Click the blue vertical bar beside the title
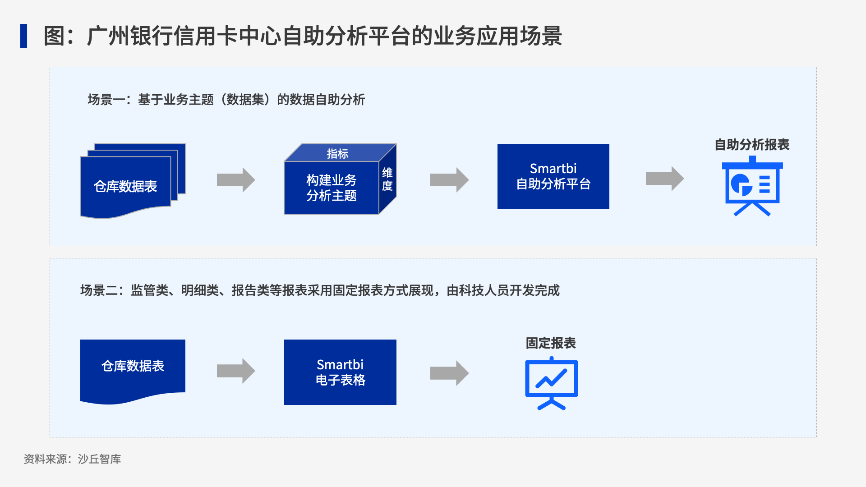click(x=23, y=36)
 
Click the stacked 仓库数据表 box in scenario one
click(x=133, y=181)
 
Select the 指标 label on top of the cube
click(x=337, y=154)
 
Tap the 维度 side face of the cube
click(x=387, y=179)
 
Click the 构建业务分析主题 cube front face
click(x=332, y=188)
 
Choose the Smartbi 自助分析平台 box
click(x=553, y=176)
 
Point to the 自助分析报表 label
click(x=752, y=145)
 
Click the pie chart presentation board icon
click(x=752, y=186)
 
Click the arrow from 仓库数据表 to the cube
click(x=236, y=180)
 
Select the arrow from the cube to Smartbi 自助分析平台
click(x=449, y=180)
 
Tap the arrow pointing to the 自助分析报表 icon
click(x=665, y=179)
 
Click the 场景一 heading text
click(x=226, y=100)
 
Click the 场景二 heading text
click(x=320, y=290)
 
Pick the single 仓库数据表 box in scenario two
click(x=133, y=370)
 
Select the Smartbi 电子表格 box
click(x=340, y=372)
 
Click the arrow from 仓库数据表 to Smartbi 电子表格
click(x=236, y=371)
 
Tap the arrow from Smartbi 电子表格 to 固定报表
click(x=449, y=373)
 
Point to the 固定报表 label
click(x=551, y=343)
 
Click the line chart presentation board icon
click(x=552, y=383)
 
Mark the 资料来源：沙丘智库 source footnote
click(x=72, y=459)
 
